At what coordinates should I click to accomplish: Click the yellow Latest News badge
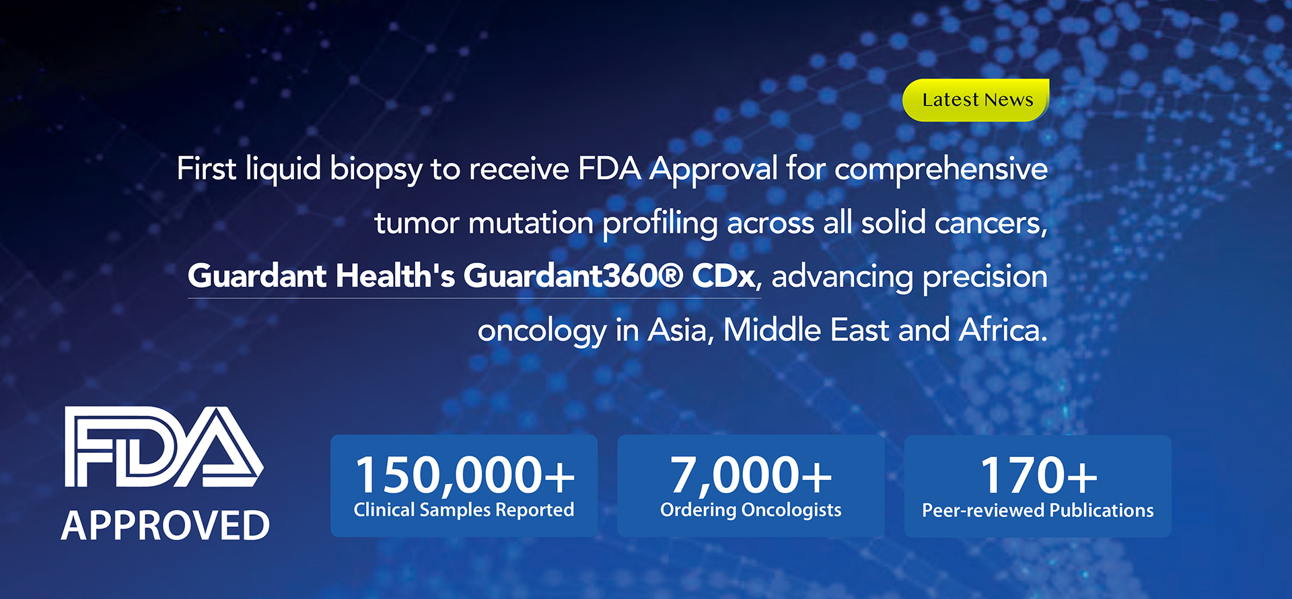[x=976, y=100]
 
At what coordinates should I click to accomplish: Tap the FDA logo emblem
[x=164, y=447]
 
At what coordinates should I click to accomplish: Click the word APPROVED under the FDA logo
[x=166, y=526]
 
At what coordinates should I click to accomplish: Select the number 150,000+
[x=465, y=475]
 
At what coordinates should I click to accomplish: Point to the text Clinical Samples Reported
[x=464, y=510]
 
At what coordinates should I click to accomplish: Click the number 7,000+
[x=751, y=475]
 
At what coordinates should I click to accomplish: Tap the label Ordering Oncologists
[x=751, y=510]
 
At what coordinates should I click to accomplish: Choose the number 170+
[x=1038, y=475]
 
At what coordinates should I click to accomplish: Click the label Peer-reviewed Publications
[x=1038, y=511]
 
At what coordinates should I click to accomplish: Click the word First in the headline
[x=207, y=168]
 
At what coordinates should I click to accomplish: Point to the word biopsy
[x=376, y=170]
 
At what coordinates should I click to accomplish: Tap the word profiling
[x=660, y=223]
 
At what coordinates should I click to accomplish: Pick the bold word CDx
[x=723, y=276]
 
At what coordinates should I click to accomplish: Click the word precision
[x=985, y=277]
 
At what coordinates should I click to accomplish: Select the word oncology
[x=542, y=331]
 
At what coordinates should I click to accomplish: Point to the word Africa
[x=1003, y=330]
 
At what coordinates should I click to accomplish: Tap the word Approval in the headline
[x=714, y=170]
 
